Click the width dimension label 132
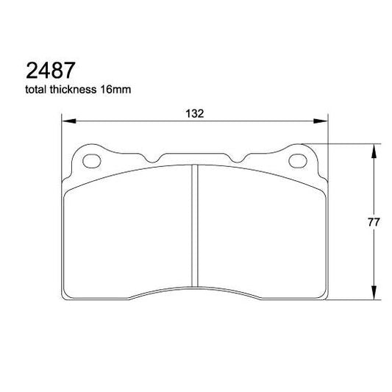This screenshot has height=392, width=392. pyautogui.click(x=194, y=113)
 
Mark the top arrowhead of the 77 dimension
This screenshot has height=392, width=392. pyautogui.click(x=375, y=149)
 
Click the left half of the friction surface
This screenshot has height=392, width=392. pyautogui.click(x=129, y=232)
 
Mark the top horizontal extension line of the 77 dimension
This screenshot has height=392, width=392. pyautogui.click(x=346, y=143)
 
